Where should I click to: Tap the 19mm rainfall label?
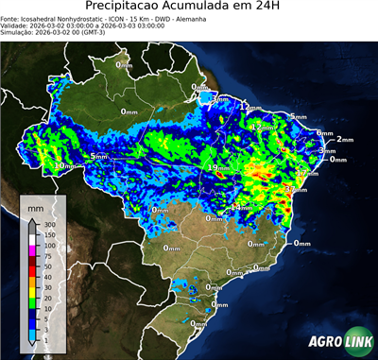click(x=216, y=168)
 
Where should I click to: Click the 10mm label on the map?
click(x=63, y=165)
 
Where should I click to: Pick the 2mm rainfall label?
click(x=344, y=139)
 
